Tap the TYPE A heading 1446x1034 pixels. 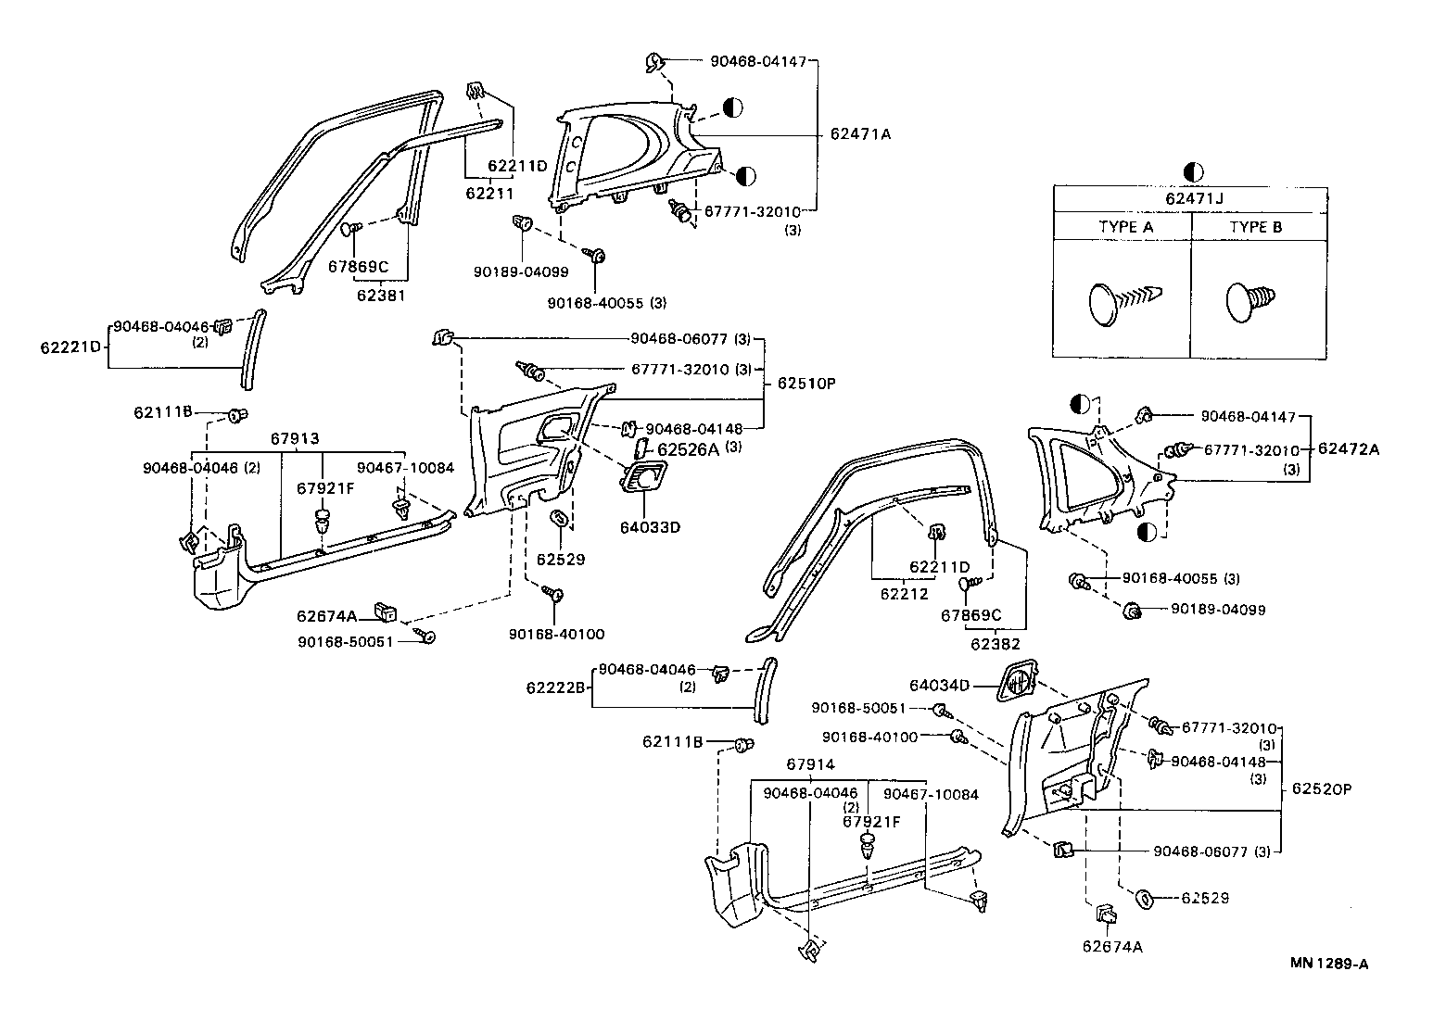(x=1125, y=227)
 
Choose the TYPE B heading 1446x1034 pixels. (x=1256, y=227)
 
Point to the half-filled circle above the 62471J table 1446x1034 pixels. (x=1193, y=171)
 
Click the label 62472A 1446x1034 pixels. (x=1349, y=448)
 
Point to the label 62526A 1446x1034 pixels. (x=689, y=449)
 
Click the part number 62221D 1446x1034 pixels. (x=70, y=347)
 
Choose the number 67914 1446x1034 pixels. (x=810, y=764)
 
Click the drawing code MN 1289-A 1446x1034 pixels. (x=1329, y=964)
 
